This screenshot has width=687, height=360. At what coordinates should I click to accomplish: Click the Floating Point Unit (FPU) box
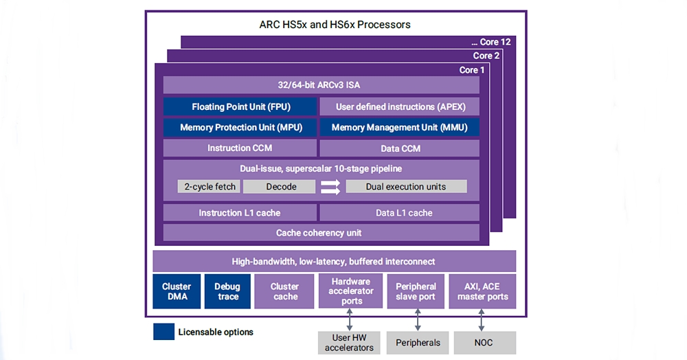(x=240, y=106)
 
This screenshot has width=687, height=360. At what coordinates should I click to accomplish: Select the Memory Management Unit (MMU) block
(x=399, y=128)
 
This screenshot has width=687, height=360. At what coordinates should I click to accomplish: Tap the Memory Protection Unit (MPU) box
(x=240, y=128)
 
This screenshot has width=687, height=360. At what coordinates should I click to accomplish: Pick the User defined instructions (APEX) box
(x=399, y=106)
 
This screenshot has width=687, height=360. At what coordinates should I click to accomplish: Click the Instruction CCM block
(x=240, y=148)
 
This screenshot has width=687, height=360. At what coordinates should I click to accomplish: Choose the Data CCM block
(x=399, y=148)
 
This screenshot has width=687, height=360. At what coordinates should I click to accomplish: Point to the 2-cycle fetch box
(x=209, y=187)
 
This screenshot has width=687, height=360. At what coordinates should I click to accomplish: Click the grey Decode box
(x=279, y=187)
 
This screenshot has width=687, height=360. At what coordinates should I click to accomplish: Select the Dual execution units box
(x=406, y=187)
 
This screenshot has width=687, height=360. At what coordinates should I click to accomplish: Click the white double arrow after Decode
(x=330, y=187)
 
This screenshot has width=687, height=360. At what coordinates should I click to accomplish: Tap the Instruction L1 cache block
(x=240, y=212)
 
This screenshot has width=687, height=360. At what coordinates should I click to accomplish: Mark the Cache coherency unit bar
(x=321, y=232)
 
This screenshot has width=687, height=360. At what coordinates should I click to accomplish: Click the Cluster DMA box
(x=177, y=291)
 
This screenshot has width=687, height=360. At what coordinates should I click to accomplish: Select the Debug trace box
(x=227, y=291)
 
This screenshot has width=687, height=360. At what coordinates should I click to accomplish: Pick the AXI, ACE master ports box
(x=482, y=291)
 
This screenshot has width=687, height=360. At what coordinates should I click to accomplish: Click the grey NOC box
(x=484, y=343)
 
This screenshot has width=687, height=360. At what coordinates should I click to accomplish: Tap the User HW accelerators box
(x=349, y=343)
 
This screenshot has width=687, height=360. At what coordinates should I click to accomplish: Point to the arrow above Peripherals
(x=418, y=319)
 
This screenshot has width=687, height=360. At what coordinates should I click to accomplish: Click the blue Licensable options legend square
(x=164, y=332)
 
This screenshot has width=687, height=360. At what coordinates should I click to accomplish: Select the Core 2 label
(x=486, y=56)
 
